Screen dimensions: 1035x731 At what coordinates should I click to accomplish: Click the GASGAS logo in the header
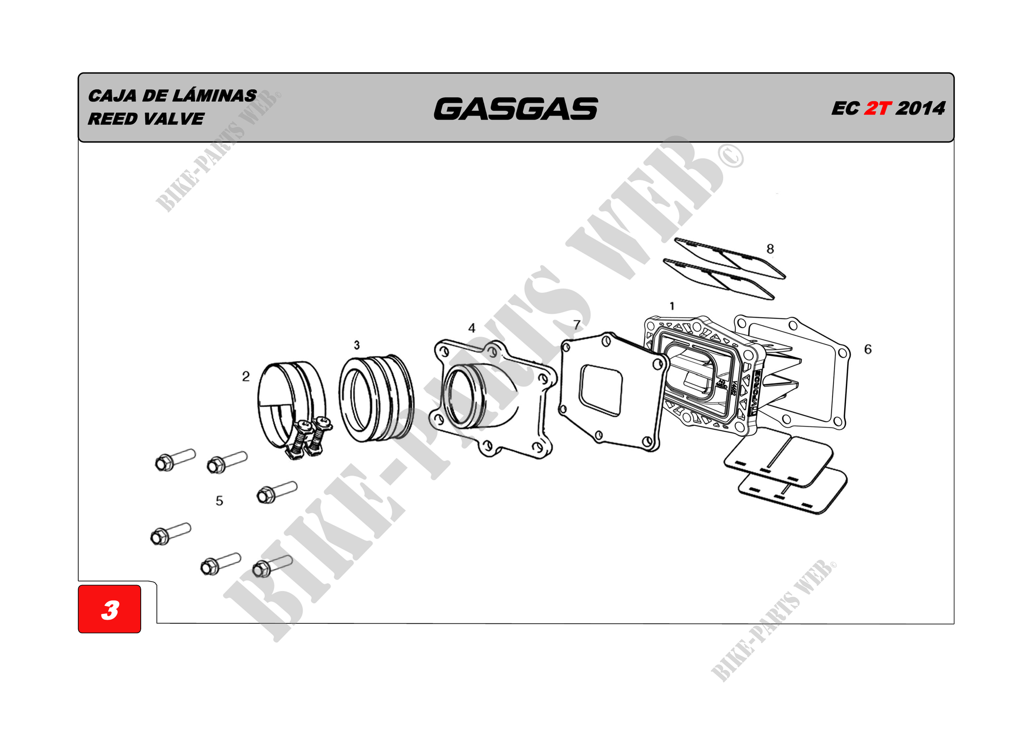tap(516, 108)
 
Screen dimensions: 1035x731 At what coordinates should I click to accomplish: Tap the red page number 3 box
tap(110, 609)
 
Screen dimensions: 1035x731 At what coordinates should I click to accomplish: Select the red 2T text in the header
tap(878, 108)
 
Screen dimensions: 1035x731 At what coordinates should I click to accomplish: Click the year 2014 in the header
tap(920, 108)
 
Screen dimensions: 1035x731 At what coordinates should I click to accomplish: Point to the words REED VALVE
tap(146, 119)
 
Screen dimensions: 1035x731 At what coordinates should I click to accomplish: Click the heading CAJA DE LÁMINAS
tap(172, 95)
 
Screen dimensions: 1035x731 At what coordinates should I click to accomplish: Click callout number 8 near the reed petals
tap(770, 249)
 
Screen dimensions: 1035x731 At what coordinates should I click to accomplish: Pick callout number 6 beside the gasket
tap(868, 349)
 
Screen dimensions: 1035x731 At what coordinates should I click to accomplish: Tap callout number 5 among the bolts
tap(219, 501)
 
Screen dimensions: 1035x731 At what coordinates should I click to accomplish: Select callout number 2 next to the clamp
tap(246, 376)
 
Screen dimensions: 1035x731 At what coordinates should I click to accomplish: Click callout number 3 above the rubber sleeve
tap(356, 345)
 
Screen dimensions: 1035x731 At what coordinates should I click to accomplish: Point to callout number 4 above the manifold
tap(472, 328)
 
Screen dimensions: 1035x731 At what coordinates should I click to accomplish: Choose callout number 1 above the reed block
tap(672, 306)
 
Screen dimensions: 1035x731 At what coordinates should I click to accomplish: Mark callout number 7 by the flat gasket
tap(577, 325)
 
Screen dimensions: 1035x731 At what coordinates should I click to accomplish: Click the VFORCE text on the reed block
tap(755, 392)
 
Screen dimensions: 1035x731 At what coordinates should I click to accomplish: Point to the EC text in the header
tap(845, 108)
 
